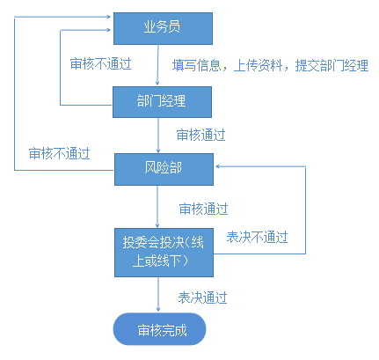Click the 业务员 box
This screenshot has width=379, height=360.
(163, 28)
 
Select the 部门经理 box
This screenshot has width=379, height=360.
(162, 102)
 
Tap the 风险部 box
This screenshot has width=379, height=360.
(164, 169)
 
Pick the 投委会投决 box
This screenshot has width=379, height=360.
(164, 253)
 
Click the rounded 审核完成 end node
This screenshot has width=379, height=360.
(159, 329)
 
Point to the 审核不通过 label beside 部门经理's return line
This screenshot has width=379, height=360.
(100, 63)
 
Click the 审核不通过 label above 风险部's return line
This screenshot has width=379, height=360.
(59, 153)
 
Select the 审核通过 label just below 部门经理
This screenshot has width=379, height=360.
(200, 135)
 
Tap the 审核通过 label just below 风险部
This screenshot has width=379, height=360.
(203, 209)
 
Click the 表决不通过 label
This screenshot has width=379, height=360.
(257, 237)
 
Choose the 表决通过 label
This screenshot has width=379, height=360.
(202, 298)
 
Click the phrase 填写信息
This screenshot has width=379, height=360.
(196, 65)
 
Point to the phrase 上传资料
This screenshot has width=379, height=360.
(258, 65)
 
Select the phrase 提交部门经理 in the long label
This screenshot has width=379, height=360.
(332, 65)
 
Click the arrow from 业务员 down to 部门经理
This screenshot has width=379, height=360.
(157, 65)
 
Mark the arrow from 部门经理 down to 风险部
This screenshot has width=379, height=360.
(158, 136)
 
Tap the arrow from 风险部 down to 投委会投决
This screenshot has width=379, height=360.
(157, 207)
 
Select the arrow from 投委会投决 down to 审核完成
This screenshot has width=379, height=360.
(158, 294)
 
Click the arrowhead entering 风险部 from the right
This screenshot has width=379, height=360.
(218, 166)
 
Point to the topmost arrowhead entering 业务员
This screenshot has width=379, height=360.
(108, 17)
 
